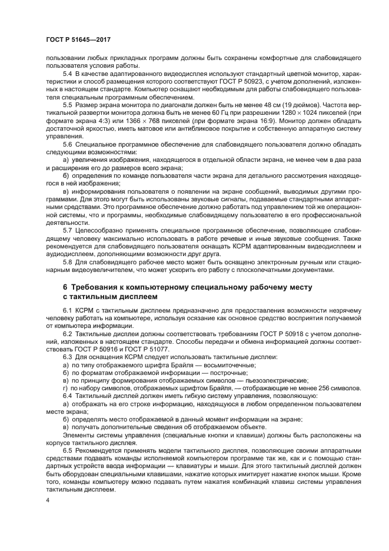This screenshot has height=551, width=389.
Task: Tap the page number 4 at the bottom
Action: pos(47,500)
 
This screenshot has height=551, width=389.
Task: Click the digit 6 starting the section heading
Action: pos(66,287)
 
